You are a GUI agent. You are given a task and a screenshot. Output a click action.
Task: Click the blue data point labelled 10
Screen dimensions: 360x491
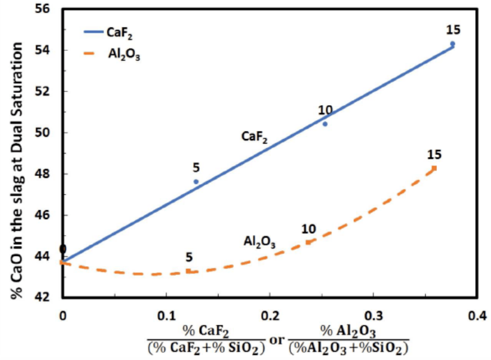click(x=325, y=124)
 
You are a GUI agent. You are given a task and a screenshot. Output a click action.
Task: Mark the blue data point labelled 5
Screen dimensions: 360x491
click(x=196, y=182)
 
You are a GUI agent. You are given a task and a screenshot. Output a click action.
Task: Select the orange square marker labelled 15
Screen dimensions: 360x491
click(x=434, y=168)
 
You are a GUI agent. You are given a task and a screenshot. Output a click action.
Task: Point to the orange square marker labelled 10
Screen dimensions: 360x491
click(x=308, y=242)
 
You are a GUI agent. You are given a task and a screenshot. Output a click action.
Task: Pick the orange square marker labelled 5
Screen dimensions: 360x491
click(x=188, y=271)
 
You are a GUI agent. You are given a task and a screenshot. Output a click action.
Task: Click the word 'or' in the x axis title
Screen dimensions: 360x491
click(x=277, y=339)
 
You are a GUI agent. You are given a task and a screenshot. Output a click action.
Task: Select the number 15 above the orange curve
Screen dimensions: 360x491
click(x=434, y=155)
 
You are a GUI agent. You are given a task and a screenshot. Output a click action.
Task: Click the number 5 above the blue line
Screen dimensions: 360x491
click(x=196, y=168)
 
